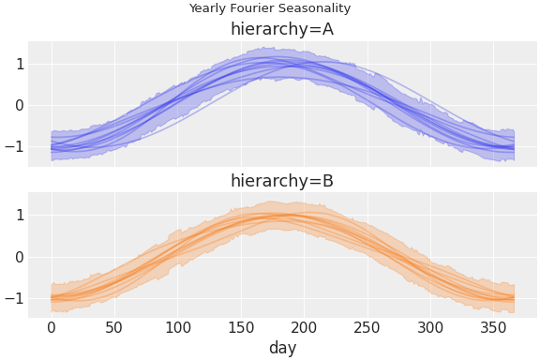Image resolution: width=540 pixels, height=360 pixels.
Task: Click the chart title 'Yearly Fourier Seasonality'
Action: tap(270, 8)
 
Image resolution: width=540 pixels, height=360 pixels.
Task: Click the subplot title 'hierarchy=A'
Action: tap(282, 29)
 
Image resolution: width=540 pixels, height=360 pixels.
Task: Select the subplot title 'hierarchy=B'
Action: tap(282, 181)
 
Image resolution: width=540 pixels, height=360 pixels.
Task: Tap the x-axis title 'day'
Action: tap(282, 347)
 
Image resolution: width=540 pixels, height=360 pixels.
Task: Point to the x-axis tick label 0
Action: tap(52, 327)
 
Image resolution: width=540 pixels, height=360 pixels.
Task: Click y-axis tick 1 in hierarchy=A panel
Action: tap(19, 64)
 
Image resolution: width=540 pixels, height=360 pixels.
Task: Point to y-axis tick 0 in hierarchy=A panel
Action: tap(19, 105)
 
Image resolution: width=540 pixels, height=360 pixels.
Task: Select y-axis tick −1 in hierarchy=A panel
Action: tap(14, 146)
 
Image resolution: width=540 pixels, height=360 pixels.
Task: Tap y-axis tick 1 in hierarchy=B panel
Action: tap(19, 215)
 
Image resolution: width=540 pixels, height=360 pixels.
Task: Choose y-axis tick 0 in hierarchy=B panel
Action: tap(19, 257)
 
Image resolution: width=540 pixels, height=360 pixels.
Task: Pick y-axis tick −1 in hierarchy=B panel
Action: tap(14, 298)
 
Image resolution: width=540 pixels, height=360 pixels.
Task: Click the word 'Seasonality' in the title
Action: tap(316, 8)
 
